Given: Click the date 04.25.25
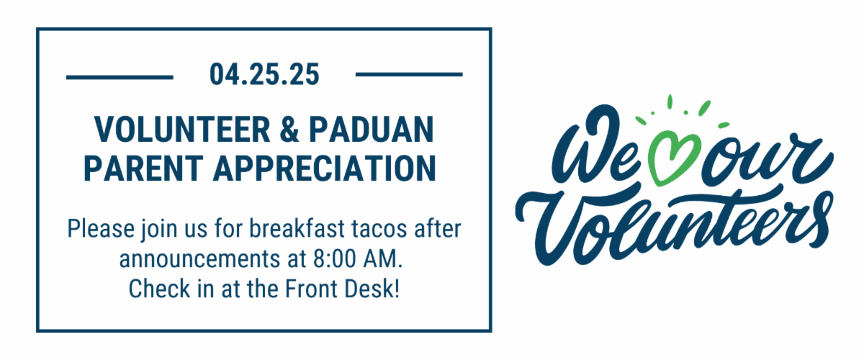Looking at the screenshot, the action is coord(264,74).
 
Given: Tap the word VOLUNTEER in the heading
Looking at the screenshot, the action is coord(182,130).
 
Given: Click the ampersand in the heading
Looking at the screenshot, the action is coord(289,130).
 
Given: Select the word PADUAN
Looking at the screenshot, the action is coord(372,130).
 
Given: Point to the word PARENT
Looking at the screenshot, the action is coord(143,168).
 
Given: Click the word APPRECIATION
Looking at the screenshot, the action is coord(325,168).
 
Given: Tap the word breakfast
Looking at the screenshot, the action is coord(297,228).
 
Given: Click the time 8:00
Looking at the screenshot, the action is coord(334,258).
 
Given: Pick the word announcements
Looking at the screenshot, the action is coord(199,259).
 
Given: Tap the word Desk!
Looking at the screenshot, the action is coord(372,289).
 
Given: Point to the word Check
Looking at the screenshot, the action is coord(159,289).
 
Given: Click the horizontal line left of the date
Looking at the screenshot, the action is coord(120,77).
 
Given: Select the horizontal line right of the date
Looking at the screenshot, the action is coord(409,74).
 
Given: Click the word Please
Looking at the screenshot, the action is coord(101,229).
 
